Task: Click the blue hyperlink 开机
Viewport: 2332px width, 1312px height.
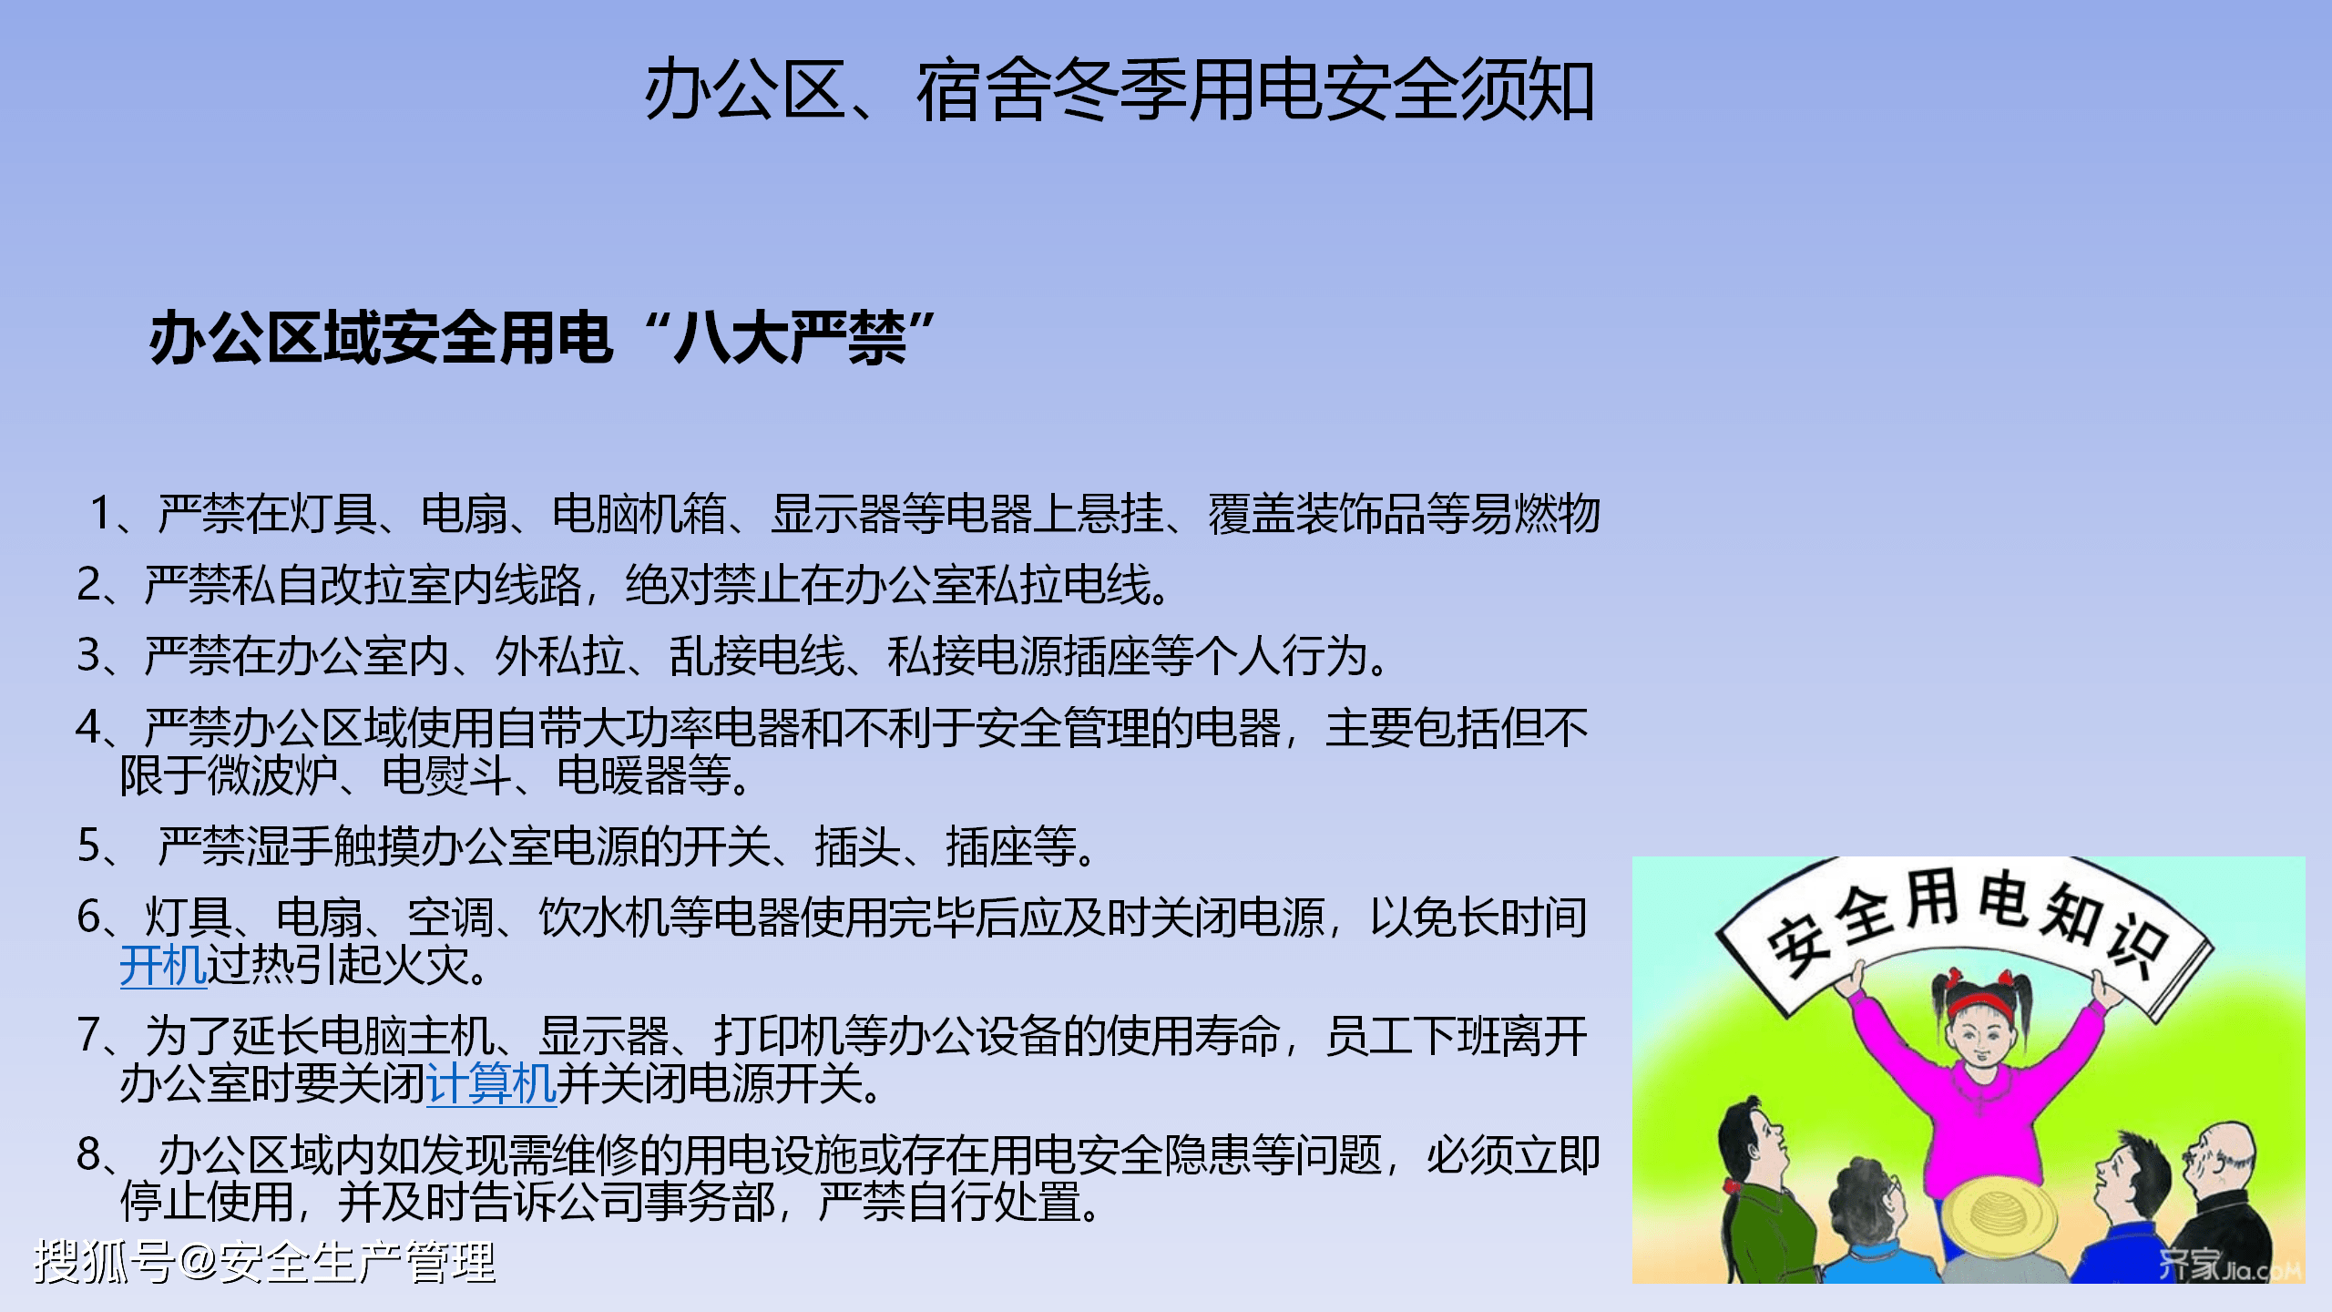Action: point(163,966)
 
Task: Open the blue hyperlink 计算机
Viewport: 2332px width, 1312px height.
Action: point(491,1084)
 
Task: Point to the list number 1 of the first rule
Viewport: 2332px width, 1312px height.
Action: point(101,513)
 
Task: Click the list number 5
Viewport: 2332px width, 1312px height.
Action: point(89,846)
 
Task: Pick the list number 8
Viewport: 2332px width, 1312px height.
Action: point(89,1154)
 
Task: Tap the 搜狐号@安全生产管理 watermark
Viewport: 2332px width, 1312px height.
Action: point(264,1263)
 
